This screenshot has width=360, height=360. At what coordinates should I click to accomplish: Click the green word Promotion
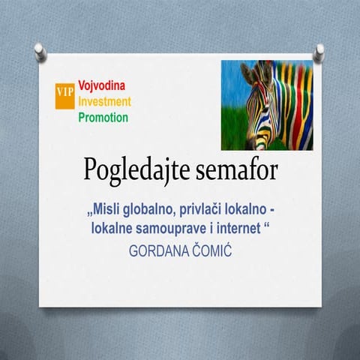click(103, 117)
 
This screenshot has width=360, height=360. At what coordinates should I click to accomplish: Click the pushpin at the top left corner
click(39, 51)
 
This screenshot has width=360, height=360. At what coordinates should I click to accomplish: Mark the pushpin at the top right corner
click(319, 50)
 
